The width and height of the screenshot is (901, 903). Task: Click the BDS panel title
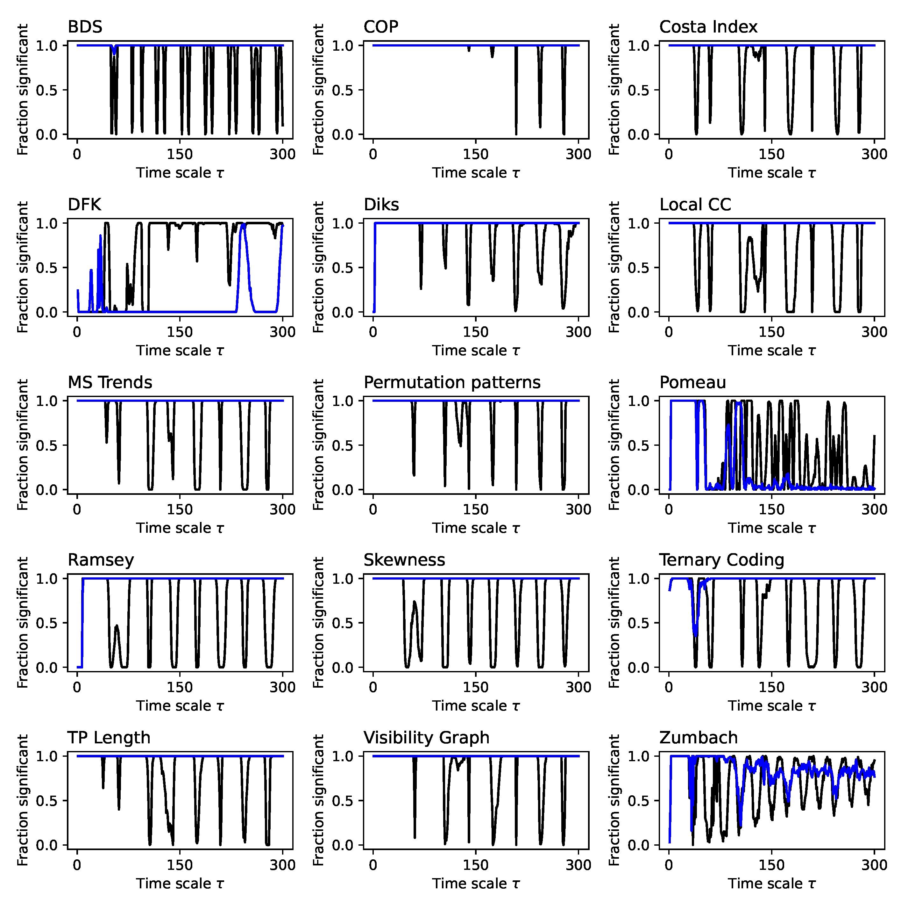[85, 27]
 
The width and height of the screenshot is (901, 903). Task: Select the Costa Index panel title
[708, 27]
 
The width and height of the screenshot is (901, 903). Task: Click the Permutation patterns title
[452, 382]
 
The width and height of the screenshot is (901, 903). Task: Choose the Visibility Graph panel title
[426, 738]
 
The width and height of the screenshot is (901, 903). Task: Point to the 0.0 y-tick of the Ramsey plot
[47, 668]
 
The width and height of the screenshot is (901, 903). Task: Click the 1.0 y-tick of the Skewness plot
[342, 579]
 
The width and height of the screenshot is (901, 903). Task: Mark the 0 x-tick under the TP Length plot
[77, 865]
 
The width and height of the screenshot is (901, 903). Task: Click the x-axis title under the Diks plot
[475, 350]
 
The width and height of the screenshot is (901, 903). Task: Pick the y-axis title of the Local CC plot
[614, 267]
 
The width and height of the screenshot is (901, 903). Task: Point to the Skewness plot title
[404, 560]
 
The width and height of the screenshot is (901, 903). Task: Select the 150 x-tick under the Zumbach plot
[772, 865]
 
